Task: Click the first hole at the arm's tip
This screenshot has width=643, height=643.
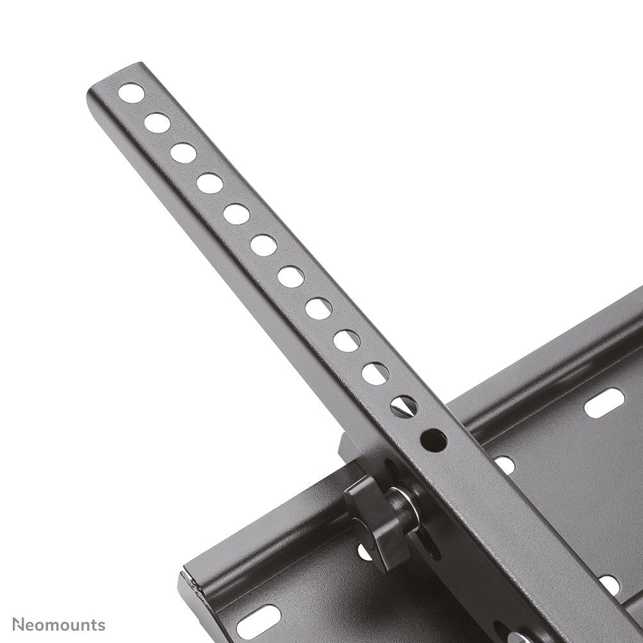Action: [131, 93]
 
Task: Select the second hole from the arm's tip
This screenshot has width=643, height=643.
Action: [158, 123]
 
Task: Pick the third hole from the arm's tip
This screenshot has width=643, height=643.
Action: [183, 153]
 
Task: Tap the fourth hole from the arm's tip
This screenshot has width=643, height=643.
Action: [209, 184]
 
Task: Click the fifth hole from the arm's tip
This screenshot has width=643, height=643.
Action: [236, 214]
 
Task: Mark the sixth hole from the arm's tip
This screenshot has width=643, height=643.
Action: [263, 245]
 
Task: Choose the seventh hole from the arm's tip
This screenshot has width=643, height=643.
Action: [291, 277]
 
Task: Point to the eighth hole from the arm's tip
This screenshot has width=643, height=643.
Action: [318, 309]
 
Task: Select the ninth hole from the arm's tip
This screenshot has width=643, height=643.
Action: [346, 341]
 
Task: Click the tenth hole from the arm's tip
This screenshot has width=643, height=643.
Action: [375, 373]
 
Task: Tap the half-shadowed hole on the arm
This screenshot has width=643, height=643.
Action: [404, 406]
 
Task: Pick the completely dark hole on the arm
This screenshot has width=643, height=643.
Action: [434, 440]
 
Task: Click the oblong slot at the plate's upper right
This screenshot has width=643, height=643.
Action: [604, 403]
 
